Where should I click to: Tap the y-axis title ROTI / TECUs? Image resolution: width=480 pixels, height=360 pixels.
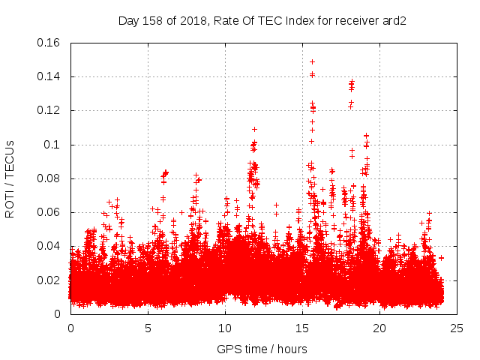[x=10, y=178]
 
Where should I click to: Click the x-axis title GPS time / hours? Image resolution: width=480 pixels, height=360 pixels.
[x=262, y=349]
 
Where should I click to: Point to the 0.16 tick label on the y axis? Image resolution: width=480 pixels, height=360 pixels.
[x=50, y=43]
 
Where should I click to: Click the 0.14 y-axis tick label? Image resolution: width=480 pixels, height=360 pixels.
[x=50, y=76]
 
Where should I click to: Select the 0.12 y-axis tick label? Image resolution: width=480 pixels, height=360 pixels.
[x=50, y=110]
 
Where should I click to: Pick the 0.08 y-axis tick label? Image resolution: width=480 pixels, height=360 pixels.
[x=50, y=178]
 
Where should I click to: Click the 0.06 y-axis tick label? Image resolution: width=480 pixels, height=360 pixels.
[x=50, y=212]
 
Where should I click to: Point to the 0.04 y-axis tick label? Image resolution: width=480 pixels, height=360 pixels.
[x=50, y=246]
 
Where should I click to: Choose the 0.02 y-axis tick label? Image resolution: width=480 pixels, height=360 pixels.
[x=50, y=280]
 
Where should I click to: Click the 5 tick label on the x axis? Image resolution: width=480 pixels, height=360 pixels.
[x=148, y=328]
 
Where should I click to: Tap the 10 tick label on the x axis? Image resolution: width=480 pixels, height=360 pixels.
[x=225, y=328]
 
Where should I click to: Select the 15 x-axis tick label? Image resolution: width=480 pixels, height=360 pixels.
[x=302, y=328]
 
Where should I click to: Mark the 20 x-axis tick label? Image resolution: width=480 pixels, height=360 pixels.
[x=379, y=328]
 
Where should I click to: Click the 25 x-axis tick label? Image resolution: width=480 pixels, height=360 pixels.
[x=457, y=328]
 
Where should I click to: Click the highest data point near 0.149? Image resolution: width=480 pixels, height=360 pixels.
[x=312, y=61]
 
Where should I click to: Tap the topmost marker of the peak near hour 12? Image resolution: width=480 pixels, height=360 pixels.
[x=254, y=129]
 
